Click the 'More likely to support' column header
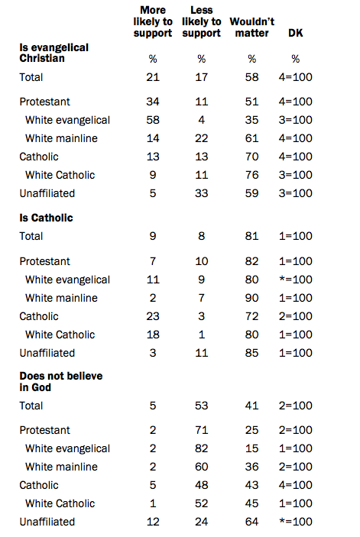point(153,21)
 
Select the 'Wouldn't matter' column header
point(251,27)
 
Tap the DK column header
point(295,33)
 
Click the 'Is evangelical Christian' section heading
point(54,53)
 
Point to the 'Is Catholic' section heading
point(46,218)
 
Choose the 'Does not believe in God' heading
point(61,381)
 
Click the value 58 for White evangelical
point(153,120)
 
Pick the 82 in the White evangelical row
point(202,448)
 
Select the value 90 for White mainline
point(251,298)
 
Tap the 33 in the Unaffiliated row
point(202,193)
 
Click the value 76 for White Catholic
point(251,175)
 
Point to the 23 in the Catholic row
point(153,316)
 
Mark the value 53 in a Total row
point(202,406)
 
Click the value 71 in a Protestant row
point(202,430)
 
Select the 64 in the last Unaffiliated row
point(251,522)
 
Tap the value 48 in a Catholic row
point(202,485)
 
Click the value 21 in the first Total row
point(153,77)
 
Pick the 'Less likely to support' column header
point(202,21)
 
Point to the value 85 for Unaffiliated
point(251,353)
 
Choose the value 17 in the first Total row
point(202,77)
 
